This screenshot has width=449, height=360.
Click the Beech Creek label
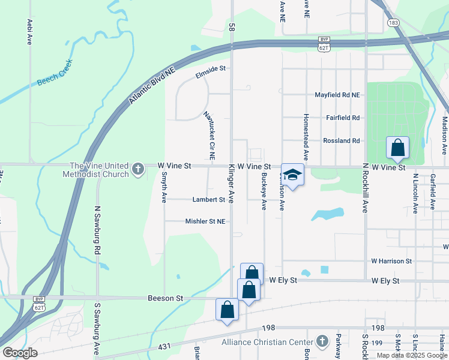tap(55, 73)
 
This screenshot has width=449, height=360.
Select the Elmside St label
tap(210, 68)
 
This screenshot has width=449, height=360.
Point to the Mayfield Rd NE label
tap(337, 95)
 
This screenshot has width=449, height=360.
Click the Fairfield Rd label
tap(342, 118)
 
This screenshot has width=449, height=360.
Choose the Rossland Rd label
tap(341, 140)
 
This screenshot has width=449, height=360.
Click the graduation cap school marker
tap(292, 175)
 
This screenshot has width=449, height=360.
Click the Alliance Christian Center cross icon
tap(322, 341)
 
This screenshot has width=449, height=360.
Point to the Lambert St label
tap(208, 199)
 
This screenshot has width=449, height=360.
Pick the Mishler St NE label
tap(205, 221)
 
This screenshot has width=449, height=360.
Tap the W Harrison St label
tap(391, 261)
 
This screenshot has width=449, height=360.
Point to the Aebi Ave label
tap(29, 32)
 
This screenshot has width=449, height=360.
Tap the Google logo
tap(20, 352)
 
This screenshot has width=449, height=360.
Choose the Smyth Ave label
tap(164, 187)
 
